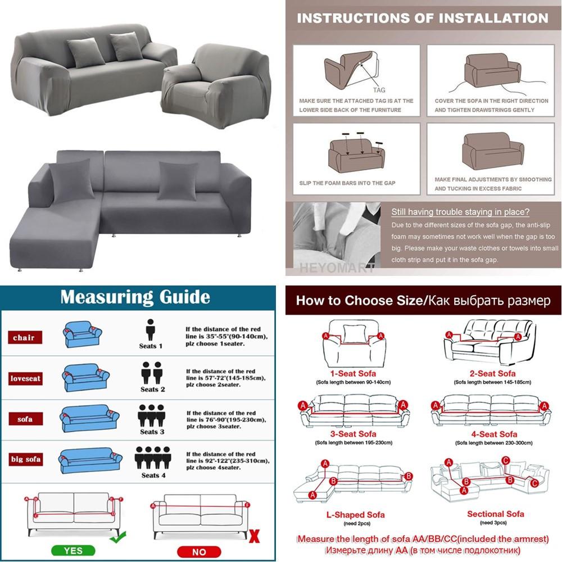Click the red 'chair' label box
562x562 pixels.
[24, 338]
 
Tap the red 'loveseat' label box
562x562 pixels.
[26, 378]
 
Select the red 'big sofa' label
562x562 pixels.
[26, 459]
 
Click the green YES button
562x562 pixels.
[74, 551]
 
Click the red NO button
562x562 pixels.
[199, 551]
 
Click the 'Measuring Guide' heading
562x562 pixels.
[135, 297]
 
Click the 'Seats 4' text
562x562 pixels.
[153, 475]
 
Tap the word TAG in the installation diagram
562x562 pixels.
[379, 90]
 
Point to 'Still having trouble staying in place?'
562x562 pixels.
[460, 212]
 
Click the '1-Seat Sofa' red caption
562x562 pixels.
[353, 374]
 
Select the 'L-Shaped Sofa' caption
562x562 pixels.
[356, 514]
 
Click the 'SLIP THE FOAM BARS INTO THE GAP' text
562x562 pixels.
[347, 183]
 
